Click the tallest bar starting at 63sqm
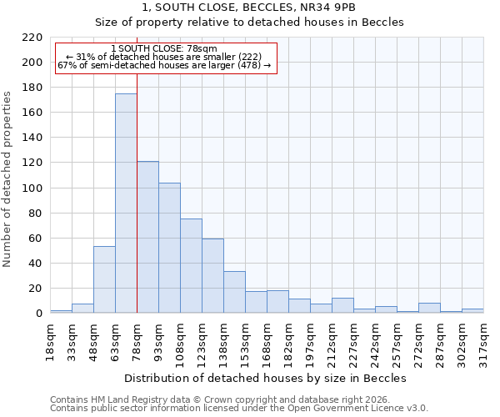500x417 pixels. click(x=126, y=203)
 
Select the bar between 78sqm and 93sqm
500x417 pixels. click(x=147, y=237)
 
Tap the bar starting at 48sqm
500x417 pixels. click(x=104, y=279)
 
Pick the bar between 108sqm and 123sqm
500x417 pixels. click(x=191, y=266)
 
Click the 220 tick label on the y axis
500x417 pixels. click(x=32, y=38)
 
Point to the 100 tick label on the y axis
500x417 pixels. click(x=32, y=188)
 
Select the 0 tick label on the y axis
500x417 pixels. click(x=38, y=314)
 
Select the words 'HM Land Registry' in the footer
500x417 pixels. click(x=132, y=399)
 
